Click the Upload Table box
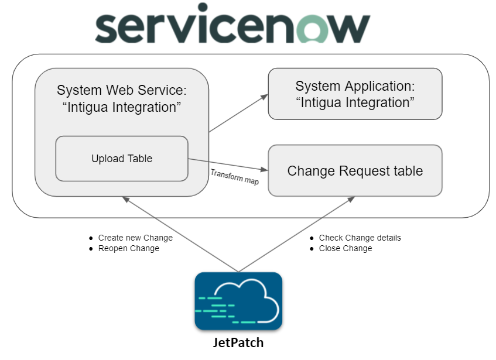click(122, 159)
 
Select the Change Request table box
click(355, 171)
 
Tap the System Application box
click(355, 94)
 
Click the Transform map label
click(234, 177)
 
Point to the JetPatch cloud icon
click(238, 301)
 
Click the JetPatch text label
click(238, 342)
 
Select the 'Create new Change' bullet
click(135, 238)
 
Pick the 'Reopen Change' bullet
click(128, 248)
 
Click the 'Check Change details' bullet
click(360, 238)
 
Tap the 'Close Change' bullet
click(345, 248)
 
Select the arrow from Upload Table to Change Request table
click(228, 165)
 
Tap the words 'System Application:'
click(355, 87)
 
